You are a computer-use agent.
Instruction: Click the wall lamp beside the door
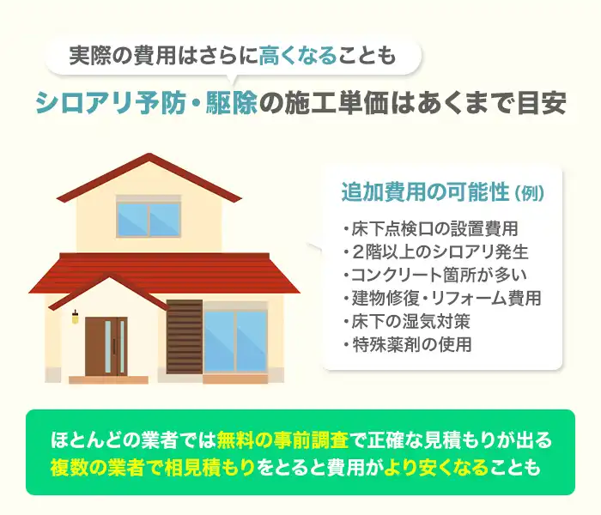click(x=75, y=318)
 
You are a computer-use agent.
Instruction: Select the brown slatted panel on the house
click(x=185, y=336)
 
